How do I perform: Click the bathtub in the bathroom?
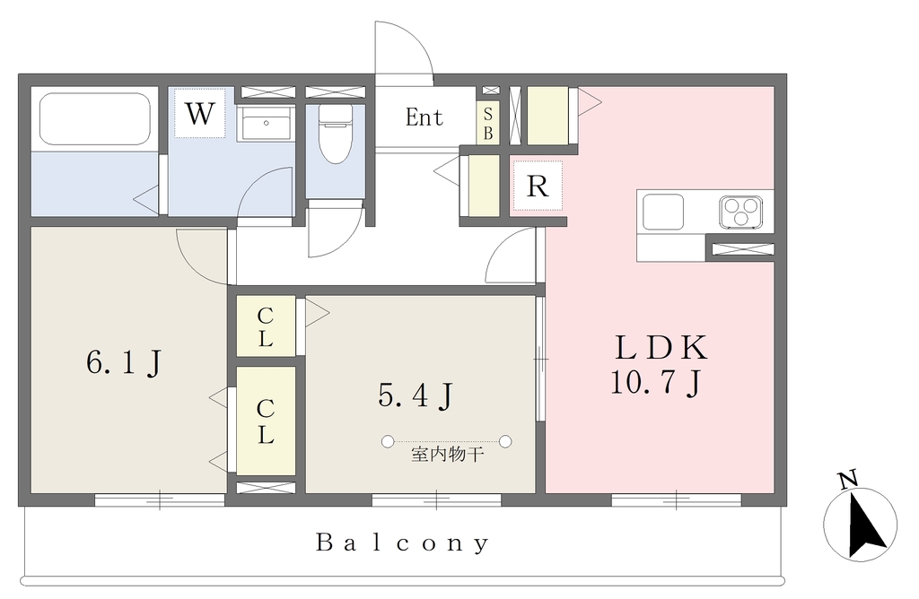[x=95, y=119]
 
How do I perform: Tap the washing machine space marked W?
[x=199, y=113]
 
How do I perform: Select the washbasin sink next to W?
[x=266, y=124]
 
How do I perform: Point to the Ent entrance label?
[x=424, y=117]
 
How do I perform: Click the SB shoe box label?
[x=487, y=124]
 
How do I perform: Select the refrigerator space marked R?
[x=538, y=187]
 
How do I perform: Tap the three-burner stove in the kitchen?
[x=740, y=212]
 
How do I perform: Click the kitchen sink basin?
[x=663, y=212]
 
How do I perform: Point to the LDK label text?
[x=661, y=348]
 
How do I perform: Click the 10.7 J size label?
[x=656, y=384]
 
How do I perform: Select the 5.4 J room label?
[x=416, y=395]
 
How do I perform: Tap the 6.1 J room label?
[x=124, y=362]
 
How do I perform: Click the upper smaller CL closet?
[x=266, y=326]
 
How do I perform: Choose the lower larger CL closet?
[x=266, y=421]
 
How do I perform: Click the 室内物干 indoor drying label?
[x=447, y=455]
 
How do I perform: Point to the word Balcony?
[x=403, y=543]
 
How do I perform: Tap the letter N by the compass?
[x=847, y=479]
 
